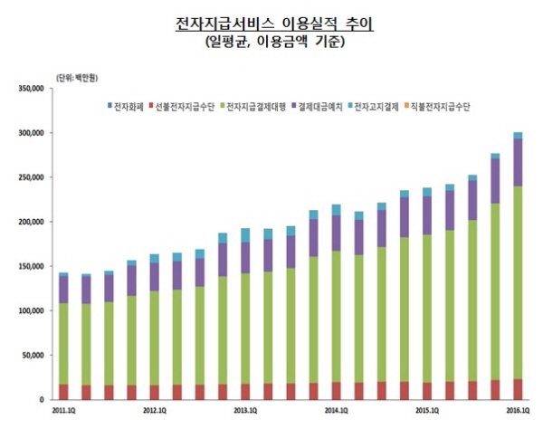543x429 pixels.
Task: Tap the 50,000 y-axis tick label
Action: (34, 355)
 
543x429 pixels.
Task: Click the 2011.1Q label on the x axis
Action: (63, 411)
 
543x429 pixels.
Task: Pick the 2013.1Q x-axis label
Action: (245, 411)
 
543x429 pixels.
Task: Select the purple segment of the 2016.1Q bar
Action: (518, 163)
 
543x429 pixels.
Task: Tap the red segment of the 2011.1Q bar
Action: (63, 391)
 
